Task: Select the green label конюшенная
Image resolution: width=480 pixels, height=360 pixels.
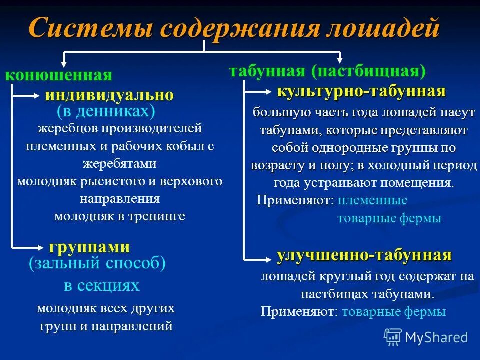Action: pyautogui.click(x=58, y=75)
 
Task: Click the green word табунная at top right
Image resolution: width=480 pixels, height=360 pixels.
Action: pyautogui.click(x=267, y=71)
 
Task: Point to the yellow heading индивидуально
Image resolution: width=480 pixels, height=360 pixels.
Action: pyautogui.click(x=109, y=95)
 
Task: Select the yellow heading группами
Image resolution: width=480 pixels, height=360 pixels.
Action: pyautogui.click(x=90, y=247)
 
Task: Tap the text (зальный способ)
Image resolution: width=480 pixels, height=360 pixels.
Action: pyautogui.click(x=97, y=263)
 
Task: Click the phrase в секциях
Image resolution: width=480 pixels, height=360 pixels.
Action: pyautogui.click(x=101, y=285)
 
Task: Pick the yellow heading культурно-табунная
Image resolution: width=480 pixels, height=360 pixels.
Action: pyautogui.click(x=361, y=92)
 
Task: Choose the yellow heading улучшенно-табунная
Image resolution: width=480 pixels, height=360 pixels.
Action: pyautogui.click(x=364, y=255)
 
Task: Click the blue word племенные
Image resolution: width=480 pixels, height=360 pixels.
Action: pyautogui.click(x=372, y=200)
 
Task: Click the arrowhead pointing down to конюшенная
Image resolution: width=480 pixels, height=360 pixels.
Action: pyautogui.click(x=63, y=64)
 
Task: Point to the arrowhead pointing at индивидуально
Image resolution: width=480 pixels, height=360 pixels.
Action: pyautogui.click(x=39, y=95)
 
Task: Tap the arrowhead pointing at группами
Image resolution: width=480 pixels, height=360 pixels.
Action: pyautogui.click(x=41, y=246)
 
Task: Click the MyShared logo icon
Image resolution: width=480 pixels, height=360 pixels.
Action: pyautogui.click(x=393, y=337)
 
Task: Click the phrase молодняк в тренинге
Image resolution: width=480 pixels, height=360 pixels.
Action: pyautogui.click(x=119, y=216)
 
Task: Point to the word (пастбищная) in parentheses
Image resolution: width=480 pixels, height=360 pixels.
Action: pyautogui.click(x=368, y=71)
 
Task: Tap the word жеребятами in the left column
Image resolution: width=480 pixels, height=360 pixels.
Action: pyautogui.click(x=119, y=164)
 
